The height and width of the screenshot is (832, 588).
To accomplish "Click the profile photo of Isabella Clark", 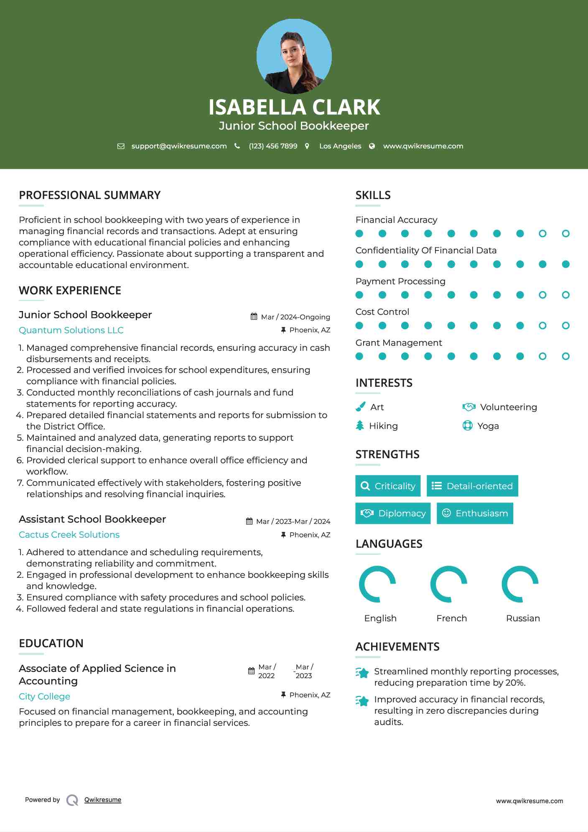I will [x=294, y=56].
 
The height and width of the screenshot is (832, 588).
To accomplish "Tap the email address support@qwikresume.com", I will [x=179, y=146].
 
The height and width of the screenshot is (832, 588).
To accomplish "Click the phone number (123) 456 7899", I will [x=273, y=146].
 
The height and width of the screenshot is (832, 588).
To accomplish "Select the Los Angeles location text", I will [x=340, y=146].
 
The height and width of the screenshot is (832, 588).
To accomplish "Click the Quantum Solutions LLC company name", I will [x=71, y=330].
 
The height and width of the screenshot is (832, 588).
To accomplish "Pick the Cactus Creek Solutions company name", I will [x=69, y=535].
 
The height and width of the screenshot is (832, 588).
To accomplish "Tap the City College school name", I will [x=44, y=697].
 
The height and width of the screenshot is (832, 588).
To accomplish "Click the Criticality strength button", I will [x=388, y=486].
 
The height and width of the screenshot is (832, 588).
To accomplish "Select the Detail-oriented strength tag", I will [x=472, y=486].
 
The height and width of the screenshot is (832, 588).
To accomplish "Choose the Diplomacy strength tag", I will [x=393, y=513].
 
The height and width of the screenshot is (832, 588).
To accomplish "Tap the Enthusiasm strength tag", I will [x=475, y=513].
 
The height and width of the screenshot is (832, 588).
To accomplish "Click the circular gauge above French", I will [x=449, y=584].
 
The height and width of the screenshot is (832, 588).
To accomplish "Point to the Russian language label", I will [x=523, y=618].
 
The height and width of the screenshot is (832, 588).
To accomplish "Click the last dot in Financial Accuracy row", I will [x=565, y=234].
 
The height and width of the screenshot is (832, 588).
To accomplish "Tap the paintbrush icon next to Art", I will [x=360, y=407].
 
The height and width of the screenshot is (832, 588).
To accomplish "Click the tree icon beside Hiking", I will [x=360, y=426].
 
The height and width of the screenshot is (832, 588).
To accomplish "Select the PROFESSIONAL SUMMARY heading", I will [x=89, y=195].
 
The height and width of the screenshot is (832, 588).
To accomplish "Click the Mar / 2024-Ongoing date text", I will [x=295, y=317].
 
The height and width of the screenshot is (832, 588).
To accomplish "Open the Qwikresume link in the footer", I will [x=103, y=800].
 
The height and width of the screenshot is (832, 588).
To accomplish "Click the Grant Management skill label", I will [x=399, y=343].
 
